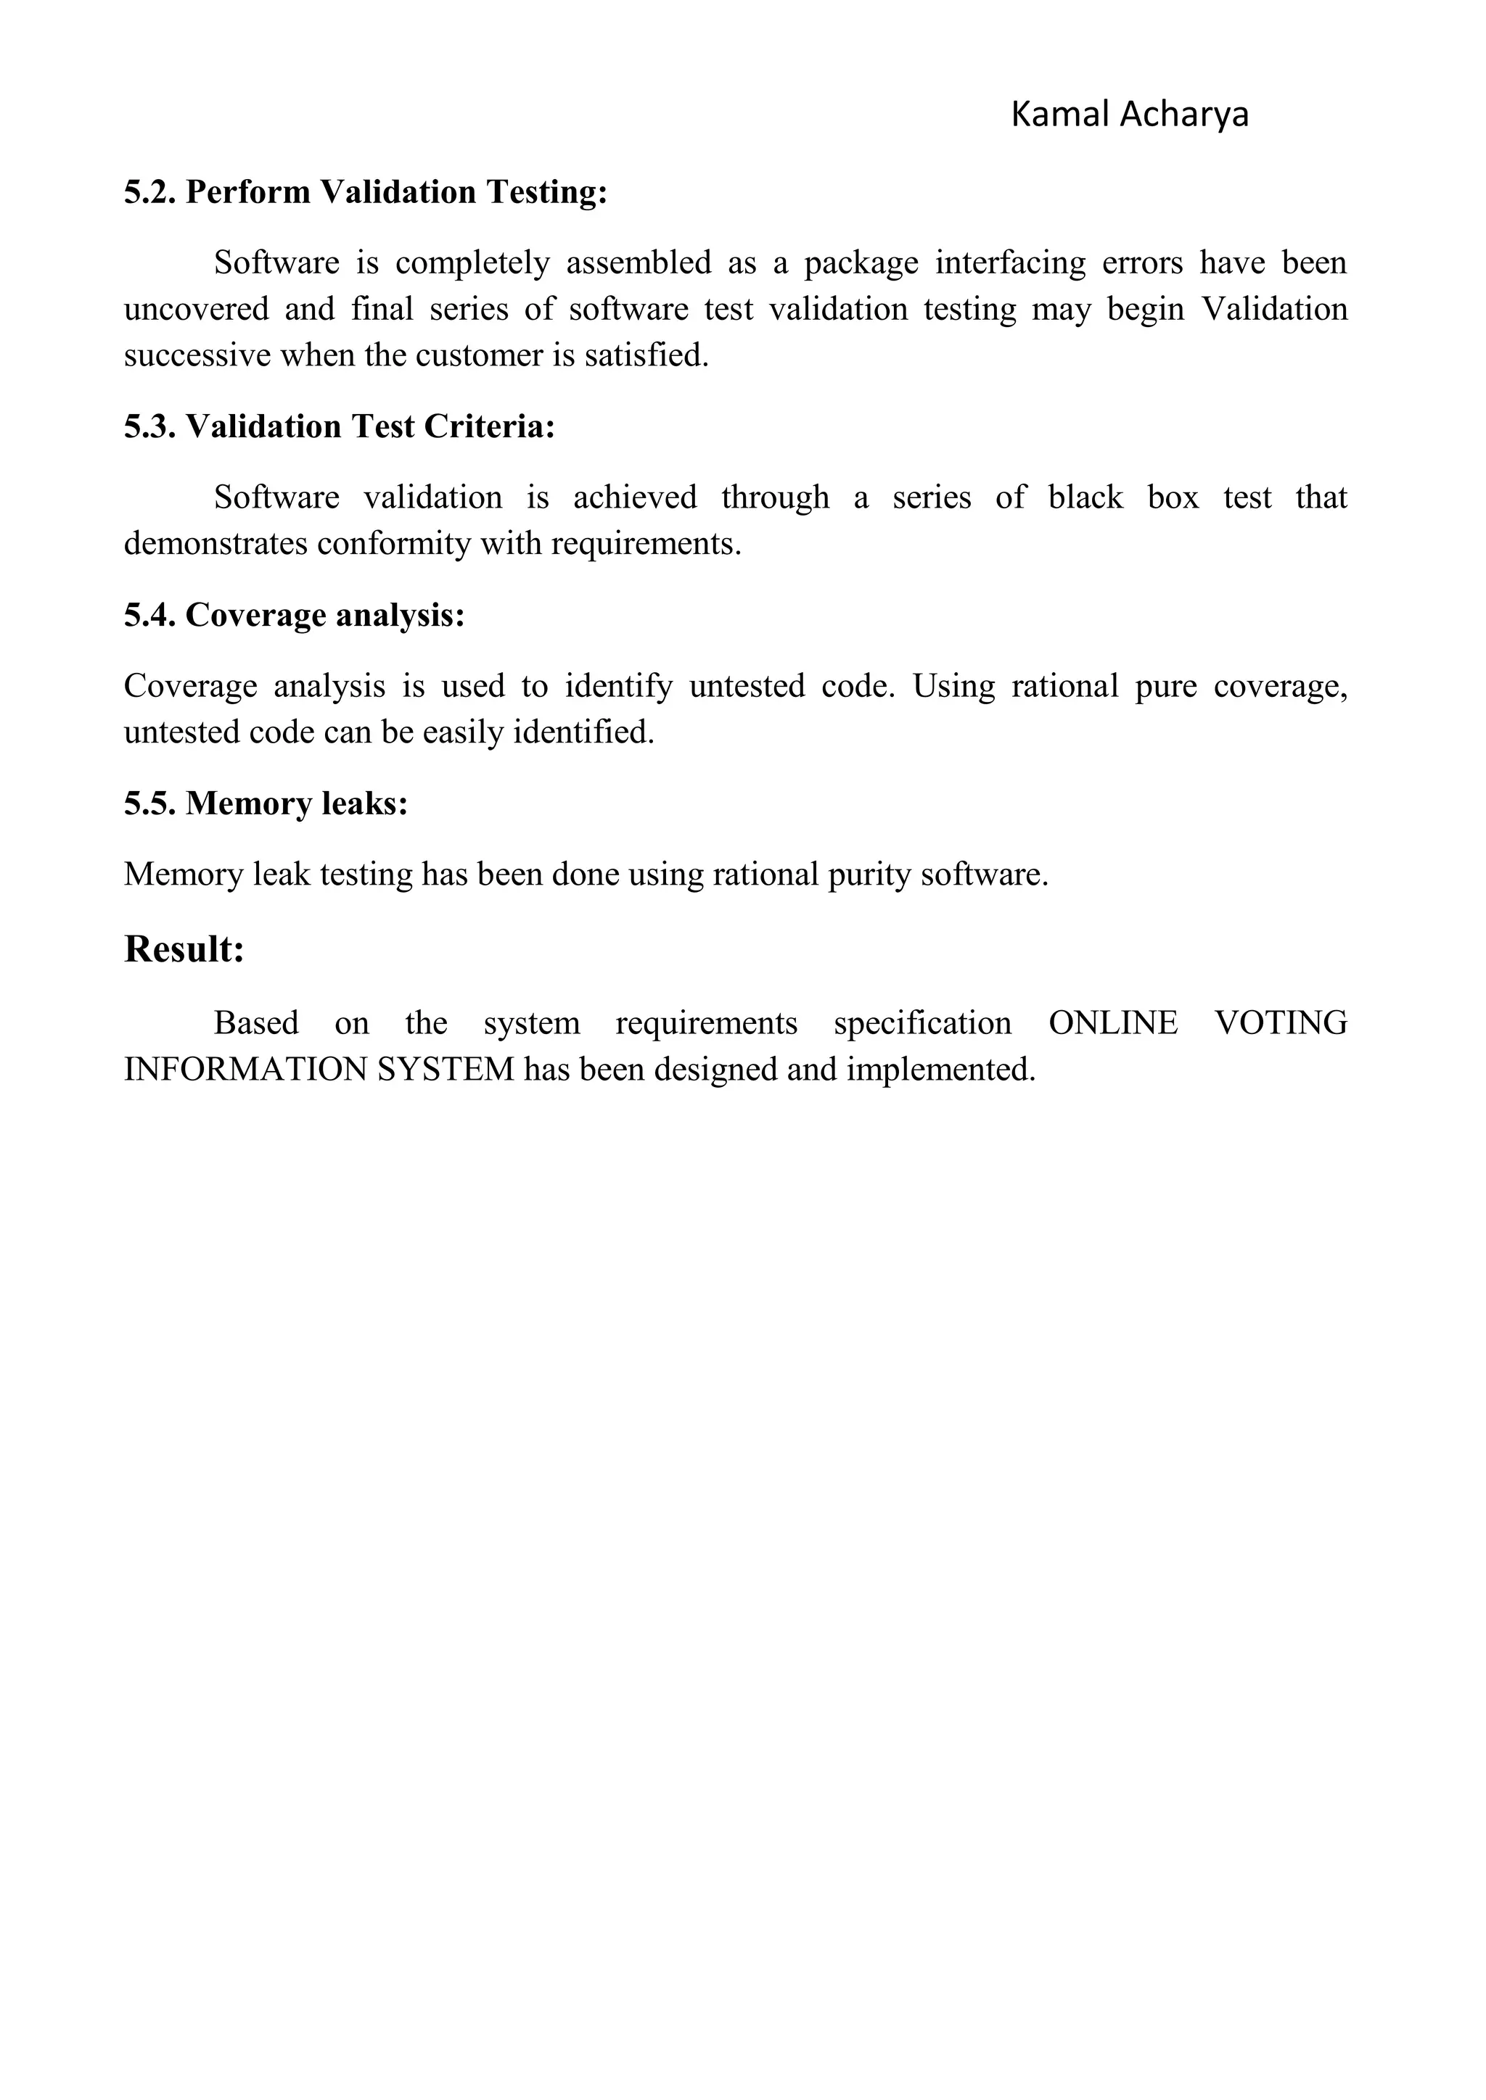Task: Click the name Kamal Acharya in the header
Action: coord(1129,115)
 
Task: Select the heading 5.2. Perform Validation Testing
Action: coord(366,192)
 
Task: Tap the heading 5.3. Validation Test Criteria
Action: coord(340,426)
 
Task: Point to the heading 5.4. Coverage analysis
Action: coord(295,615)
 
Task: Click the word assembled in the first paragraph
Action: coord(638,263)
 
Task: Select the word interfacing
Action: coord(1009,263)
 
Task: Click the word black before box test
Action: coord(1085,497)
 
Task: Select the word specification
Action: coord(922,1022)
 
